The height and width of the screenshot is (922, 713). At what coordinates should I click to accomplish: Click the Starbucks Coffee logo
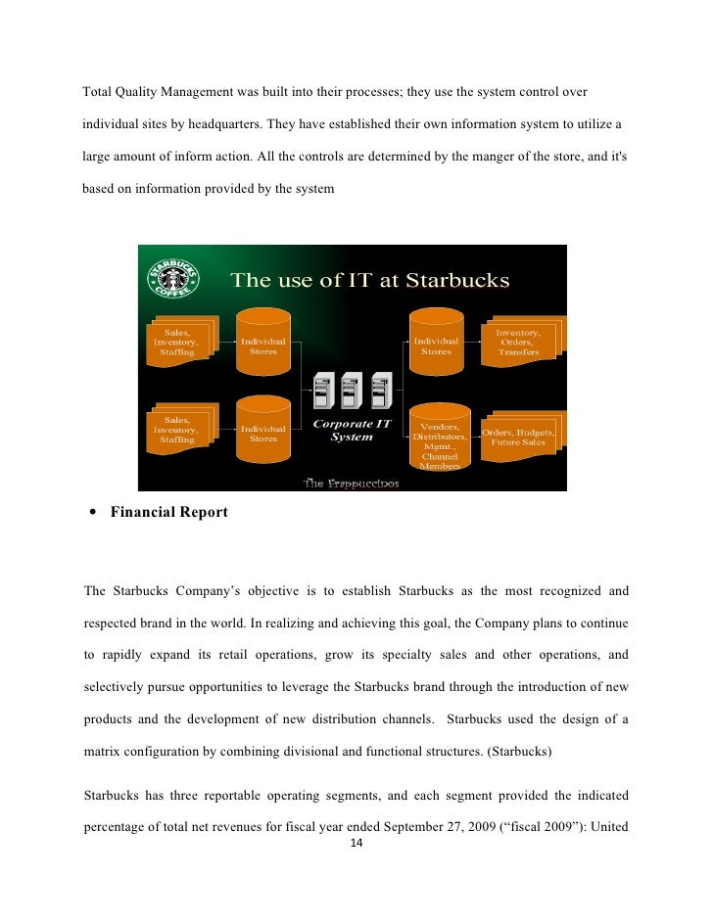172,277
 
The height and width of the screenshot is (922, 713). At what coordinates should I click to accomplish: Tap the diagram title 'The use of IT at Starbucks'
370,281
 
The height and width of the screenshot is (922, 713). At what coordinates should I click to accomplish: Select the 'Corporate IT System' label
352,431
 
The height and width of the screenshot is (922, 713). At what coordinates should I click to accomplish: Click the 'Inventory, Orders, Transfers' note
518,343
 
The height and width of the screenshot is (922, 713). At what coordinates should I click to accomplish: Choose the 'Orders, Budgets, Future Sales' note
518,437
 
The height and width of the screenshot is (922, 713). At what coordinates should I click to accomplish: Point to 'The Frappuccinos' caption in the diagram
351,483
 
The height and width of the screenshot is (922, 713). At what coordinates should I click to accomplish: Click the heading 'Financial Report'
169,511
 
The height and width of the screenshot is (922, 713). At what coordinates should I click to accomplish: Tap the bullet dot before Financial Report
92,512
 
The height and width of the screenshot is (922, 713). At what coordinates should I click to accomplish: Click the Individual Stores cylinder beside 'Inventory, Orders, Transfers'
437,346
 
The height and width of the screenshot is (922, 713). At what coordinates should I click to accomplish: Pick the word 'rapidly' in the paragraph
121,654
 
